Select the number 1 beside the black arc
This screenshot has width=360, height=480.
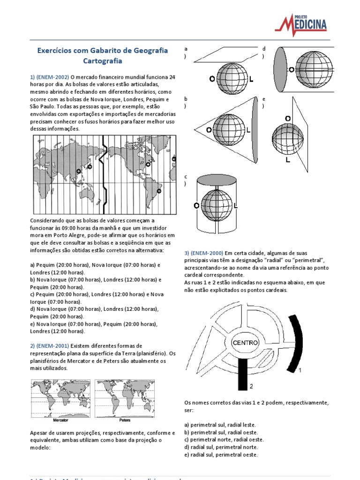[300, 370]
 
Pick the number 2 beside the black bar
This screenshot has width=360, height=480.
[251, 386]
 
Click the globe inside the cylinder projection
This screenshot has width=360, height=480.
[217, 205]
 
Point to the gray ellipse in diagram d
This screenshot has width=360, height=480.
[280, 70]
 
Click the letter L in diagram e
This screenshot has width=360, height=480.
[287, 160]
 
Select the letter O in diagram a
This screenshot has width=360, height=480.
[212, 80]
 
